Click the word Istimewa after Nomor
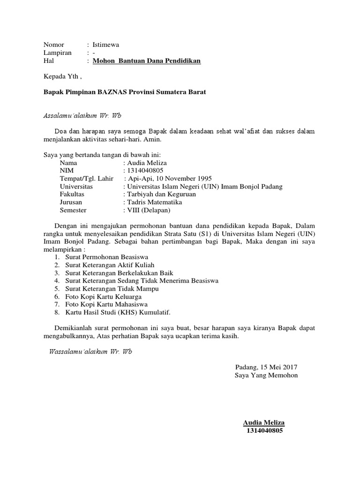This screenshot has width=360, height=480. (x=106, y=45)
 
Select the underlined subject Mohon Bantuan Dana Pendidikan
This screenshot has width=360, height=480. (x=147, y=61)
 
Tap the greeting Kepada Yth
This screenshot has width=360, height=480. (x=62, y=76)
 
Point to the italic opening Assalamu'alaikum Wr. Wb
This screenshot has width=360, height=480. (x=82, y=115)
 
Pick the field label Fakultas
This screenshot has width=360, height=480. (x=72, y=194)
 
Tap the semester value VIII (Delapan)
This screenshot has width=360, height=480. (x=146, y=210)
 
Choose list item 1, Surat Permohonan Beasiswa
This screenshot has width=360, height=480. (x=107, y=257)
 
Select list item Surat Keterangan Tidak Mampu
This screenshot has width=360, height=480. (x=112, y=289)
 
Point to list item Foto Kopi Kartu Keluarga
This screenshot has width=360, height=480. (x=104, y=297)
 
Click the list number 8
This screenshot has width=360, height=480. (x=56, y=312)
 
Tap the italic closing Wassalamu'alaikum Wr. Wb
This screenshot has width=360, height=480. (x=90, y=352)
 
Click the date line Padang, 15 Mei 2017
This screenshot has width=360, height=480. (x=266, y=367)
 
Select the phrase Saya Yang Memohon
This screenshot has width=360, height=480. (x=266, y=375)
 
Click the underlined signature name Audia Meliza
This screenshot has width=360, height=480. (x=264, y=422)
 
